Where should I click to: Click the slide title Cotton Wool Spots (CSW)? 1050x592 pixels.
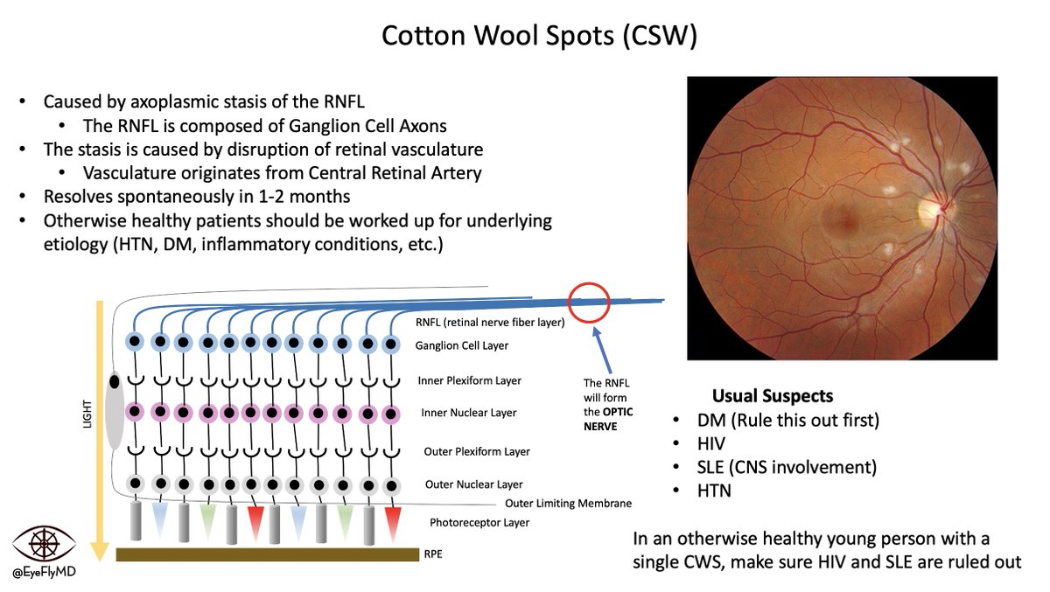(x=539, y=36)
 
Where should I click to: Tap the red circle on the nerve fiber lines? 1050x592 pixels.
(x=588, y=303)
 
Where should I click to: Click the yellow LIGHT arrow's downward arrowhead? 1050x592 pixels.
(x=101, y=551)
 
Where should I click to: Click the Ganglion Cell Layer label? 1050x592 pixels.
(x=462, y=346)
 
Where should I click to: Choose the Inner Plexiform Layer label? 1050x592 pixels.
(x=469, y=380)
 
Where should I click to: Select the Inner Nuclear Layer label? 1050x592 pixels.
(x=469, y=413)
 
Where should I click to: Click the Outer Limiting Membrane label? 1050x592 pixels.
(x=568, y=503)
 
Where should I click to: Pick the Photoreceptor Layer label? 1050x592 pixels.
(x=479, y=522)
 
